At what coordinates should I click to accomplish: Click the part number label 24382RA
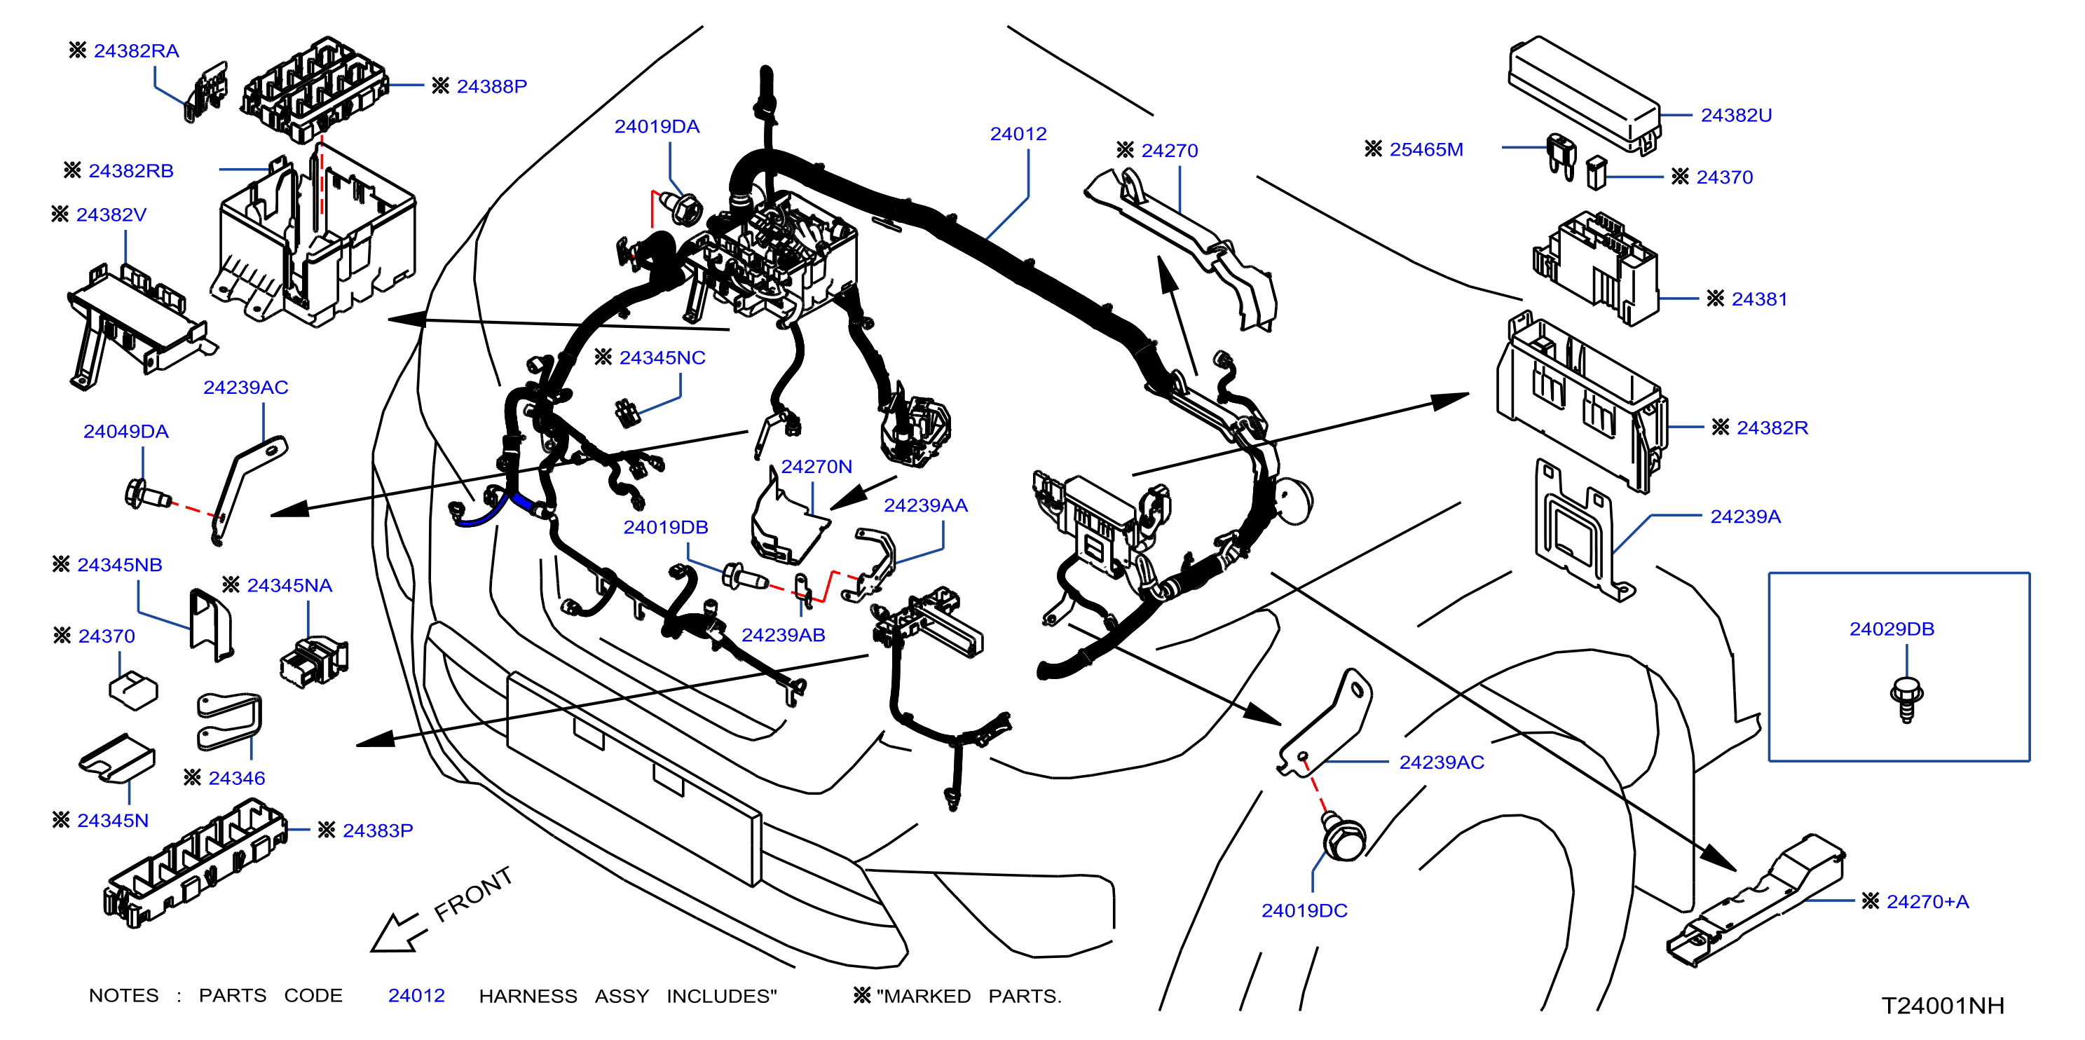136,51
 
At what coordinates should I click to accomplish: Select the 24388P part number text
491,87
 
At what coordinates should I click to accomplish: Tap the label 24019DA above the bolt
657,127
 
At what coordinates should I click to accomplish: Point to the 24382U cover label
1736,116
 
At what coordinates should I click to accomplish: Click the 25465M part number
1426,150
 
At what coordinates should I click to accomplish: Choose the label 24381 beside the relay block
1759,299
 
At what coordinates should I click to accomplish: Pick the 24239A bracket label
1745,516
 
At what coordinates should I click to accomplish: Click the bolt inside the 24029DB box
1906,699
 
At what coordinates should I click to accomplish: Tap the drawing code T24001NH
1943,1005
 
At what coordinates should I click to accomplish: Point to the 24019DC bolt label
1304,910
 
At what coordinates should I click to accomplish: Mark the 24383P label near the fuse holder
378,830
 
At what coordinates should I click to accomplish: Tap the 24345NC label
662,357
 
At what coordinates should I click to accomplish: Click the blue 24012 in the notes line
417,995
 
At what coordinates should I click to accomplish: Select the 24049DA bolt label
126,432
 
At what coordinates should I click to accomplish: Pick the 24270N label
816,467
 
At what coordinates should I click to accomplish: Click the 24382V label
111,215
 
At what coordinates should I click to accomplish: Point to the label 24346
236,779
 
